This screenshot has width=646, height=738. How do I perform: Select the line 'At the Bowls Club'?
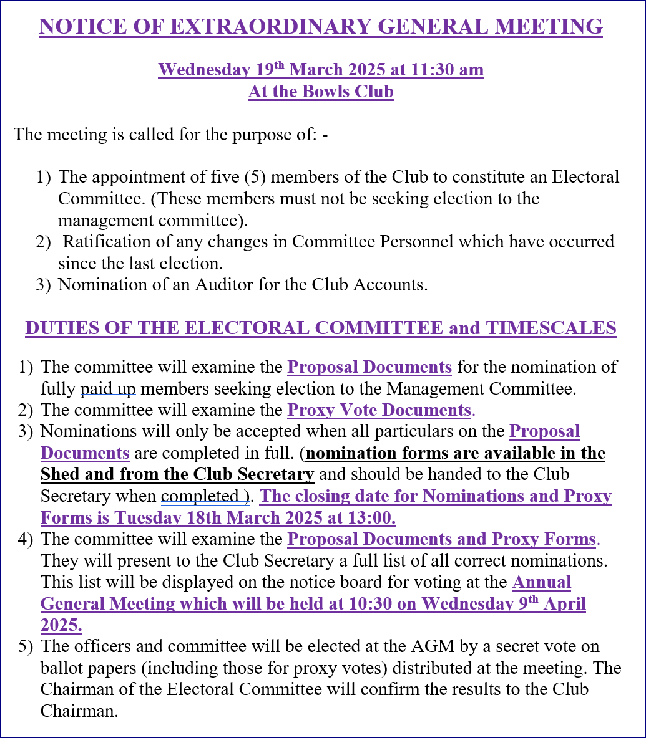[321, 92]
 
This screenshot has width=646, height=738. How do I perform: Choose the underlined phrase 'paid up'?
[108, 390]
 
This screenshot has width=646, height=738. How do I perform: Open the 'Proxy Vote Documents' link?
[378, 411]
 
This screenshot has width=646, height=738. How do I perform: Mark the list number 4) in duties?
[25, 539]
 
